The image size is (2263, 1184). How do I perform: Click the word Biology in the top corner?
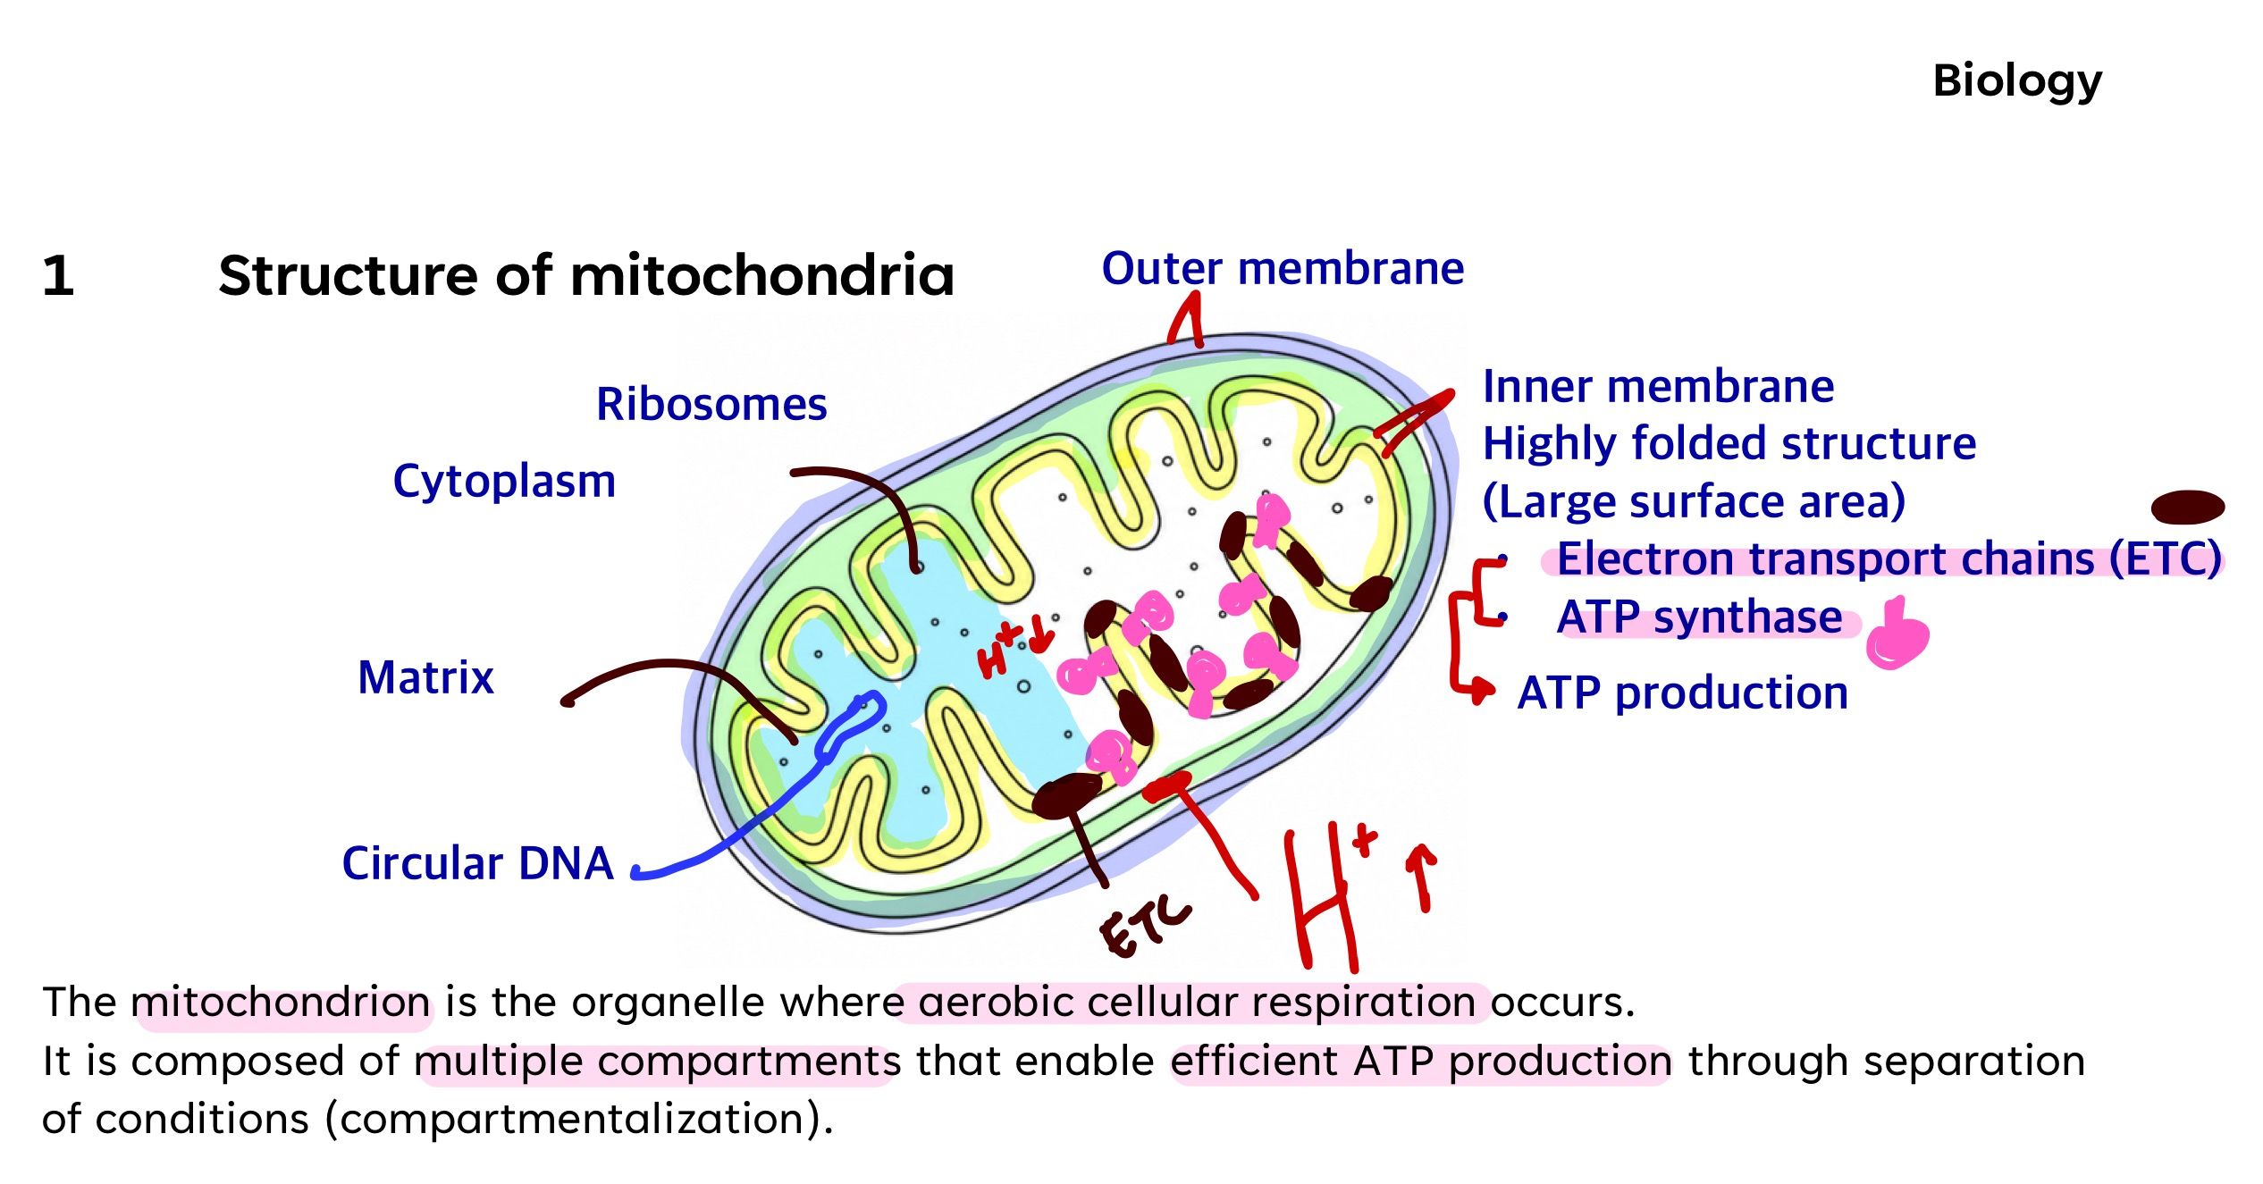click(x=2017, y=82)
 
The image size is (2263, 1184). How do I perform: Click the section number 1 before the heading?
click(x=58, y=275)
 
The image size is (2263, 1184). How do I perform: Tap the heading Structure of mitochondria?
click(x=586, y=275)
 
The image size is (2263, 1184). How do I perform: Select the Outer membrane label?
click(x=1283, y=268)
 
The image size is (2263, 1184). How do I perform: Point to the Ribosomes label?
click(x=711, y=405)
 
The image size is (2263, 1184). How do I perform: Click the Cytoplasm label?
click(x=504, y=483)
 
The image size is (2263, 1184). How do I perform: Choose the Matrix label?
click(x=425, y=677)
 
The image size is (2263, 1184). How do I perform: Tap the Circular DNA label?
click(x=477, y=863)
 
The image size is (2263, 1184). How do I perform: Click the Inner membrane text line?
click(x=1658, y=386)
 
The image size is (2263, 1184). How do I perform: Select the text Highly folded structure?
click(x=1729, y=444)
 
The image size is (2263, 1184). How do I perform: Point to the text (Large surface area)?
click(x=1694, y=502)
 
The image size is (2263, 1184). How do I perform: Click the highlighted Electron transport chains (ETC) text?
click(x=1889, y=559)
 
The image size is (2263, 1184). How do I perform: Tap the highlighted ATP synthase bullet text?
click(x=1699, y=617)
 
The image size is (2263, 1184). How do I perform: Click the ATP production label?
click(x=1683, y=693)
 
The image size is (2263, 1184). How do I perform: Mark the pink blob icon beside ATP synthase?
click(x=1897, y=634)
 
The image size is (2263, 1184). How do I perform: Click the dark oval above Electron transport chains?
click(x=2187, y=508)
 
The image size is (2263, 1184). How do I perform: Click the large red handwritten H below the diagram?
click(x=1320, y=898)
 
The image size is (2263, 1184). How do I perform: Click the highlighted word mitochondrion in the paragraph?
click(x=282, y=1003)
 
